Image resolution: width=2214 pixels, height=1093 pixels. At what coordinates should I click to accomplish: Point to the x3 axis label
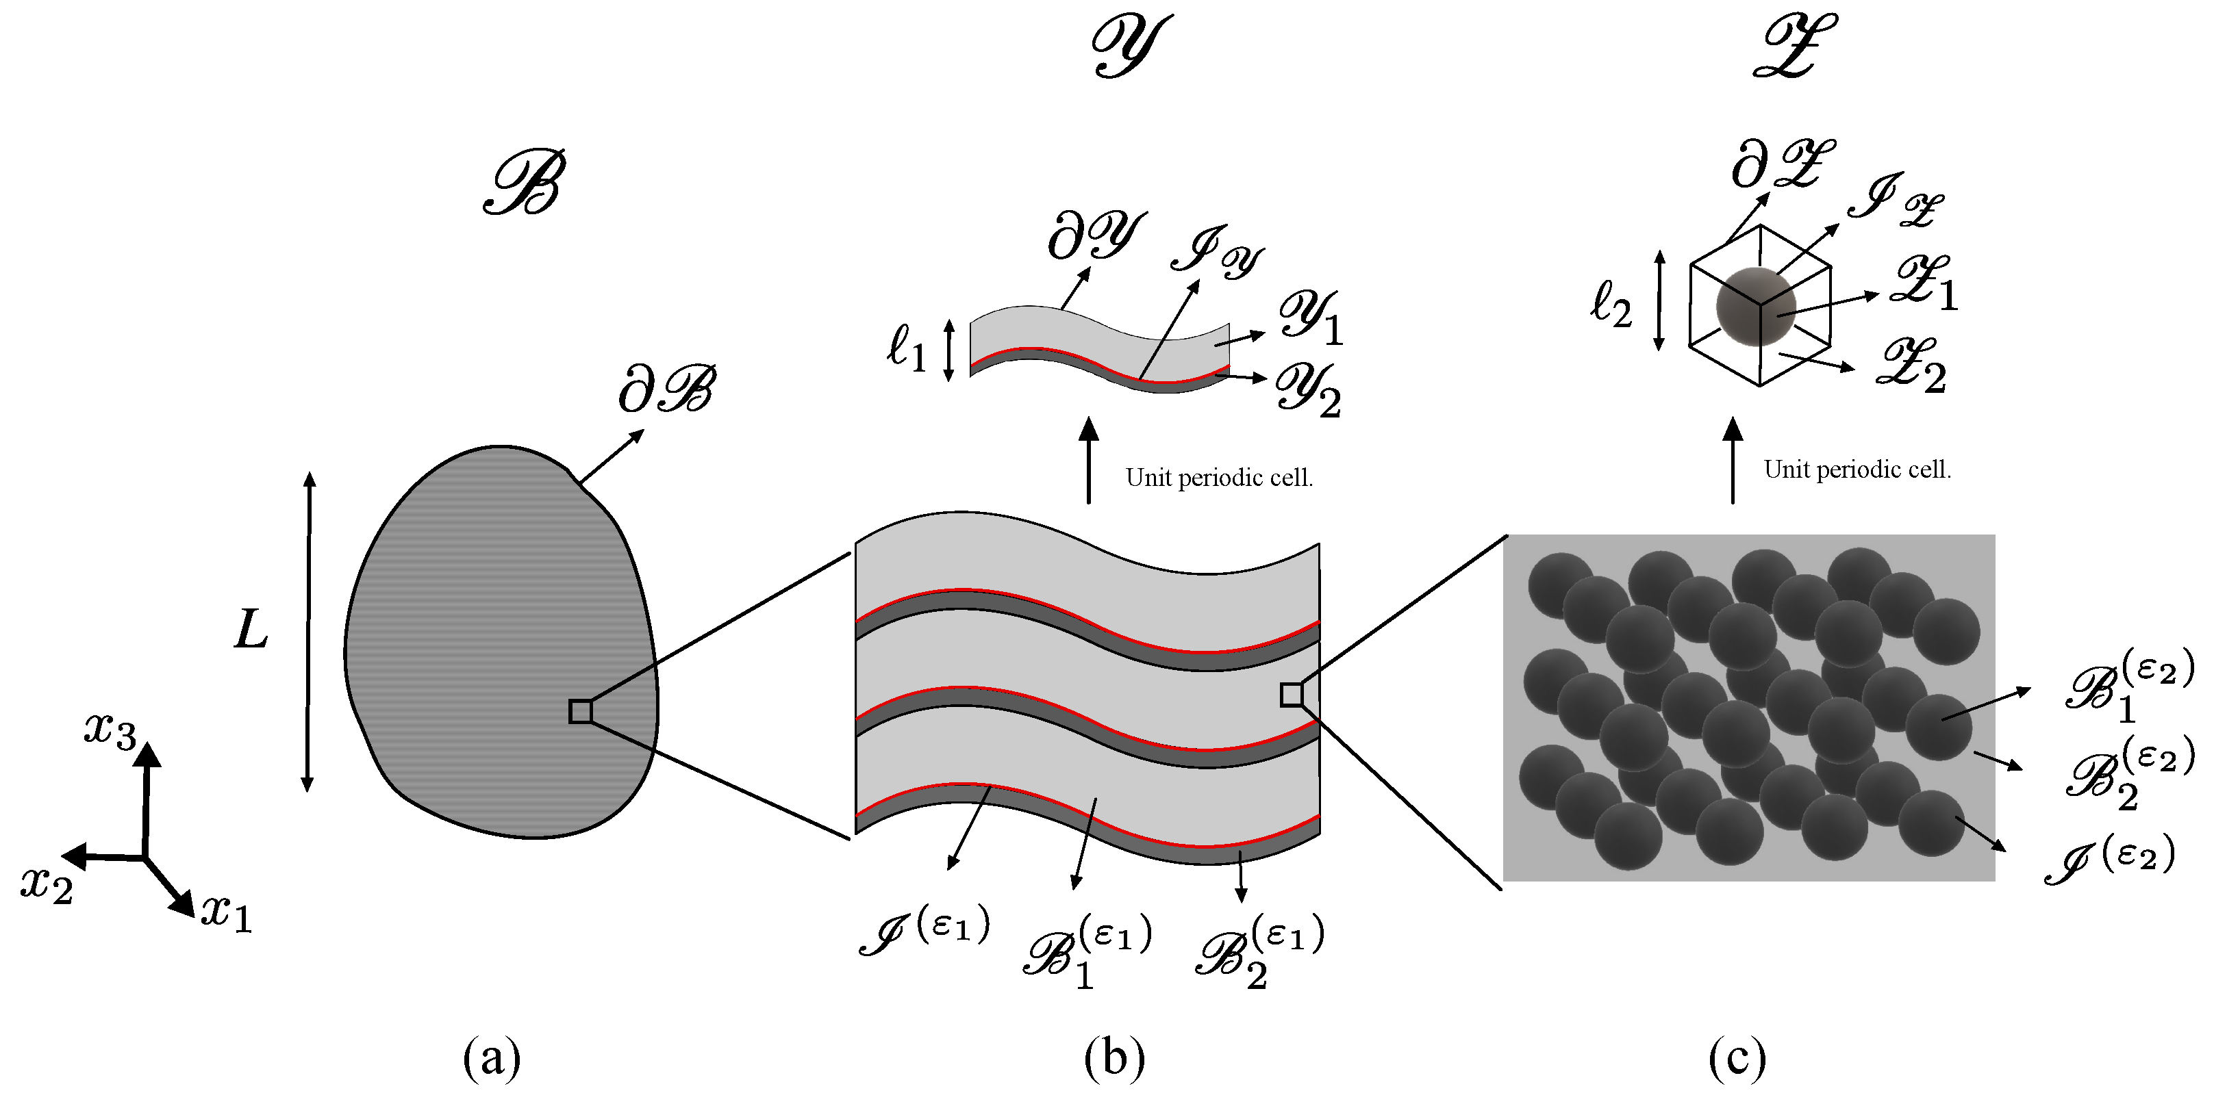(110, 730)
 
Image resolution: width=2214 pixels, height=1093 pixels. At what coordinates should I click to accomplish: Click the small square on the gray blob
(581, 712)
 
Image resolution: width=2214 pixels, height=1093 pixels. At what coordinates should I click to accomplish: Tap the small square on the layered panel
(1291, 694)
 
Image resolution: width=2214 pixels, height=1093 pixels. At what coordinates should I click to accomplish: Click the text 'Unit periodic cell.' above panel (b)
(1219, 478)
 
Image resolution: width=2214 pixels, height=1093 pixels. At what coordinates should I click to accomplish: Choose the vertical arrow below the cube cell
(1733, 461)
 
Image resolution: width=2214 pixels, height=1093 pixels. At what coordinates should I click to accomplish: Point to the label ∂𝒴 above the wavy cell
(1096, 235)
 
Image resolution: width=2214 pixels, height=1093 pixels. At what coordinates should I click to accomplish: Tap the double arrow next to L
(309, 632)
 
